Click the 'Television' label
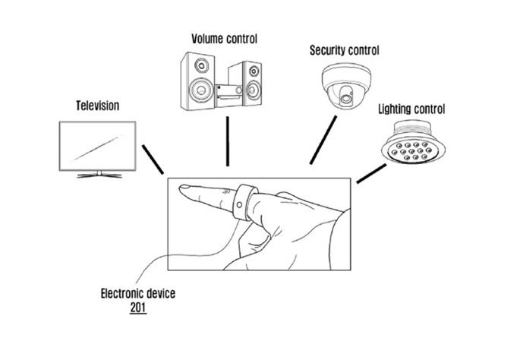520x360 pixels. (96, 106)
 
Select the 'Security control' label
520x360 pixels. (344, 51)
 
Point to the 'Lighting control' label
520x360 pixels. (411, 109)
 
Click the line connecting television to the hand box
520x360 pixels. (153, 161)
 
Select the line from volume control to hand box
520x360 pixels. (227, 142)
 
